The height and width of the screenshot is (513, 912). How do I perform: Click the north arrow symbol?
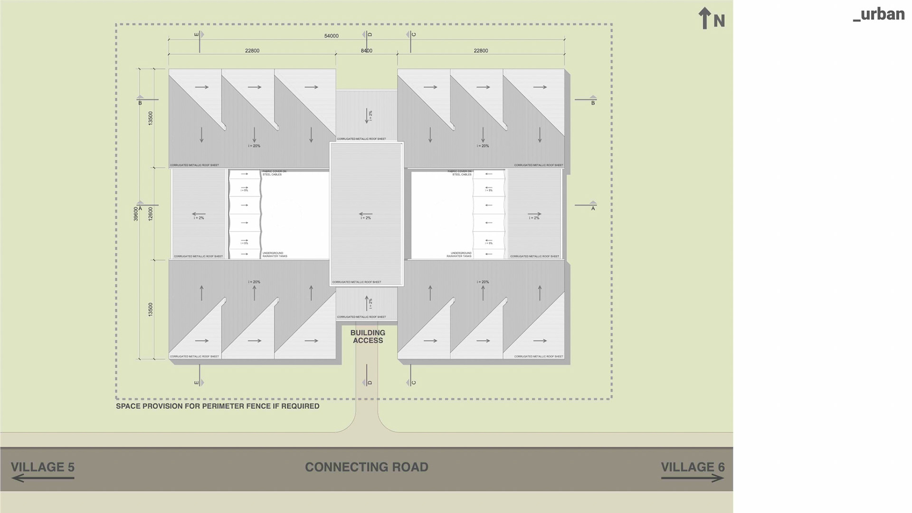[704, 18]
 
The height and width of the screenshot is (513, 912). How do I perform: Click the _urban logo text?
[878, 14]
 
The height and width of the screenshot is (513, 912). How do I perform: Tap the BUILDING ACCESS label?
[368, 337]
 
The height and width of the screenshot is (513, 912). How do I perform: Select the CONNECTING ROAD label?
[366, 467]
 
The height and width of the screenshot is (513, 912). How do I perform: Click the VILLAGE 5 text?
[43, 467]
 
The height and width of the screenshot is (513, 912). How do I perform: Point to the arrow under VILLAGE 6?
[692, 478]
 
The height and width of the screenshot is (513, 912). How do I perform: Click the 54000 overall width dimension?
[331, 36]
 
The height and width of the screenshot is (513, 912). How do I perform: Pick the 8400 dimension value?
[366, 50]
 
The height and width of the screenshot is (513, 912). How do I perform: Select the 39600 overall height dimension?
[136, 213]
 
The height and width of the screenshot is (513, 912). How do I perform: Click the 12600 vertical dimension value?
[151, 213]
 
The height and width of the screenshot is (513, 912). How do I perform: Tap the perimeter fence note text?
[218, 406]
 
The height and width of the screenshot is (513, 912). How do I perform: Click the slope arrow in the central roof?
[365, 214]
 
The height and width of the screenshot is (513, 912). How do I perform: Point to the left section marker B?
[140, 102]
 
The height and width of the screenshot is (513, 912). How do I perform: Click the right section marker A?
[593, 207]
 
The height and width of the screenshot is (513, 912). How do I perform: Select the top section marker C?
[412, 35]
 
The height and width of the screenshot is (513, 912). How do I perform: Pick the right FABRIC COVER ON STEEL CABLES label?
[459, 173]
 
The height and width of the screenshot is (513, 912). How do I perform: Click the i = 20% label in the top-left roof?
[254, 146]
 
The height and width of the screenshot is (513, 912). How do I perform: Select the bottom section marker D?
[368, 382]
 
